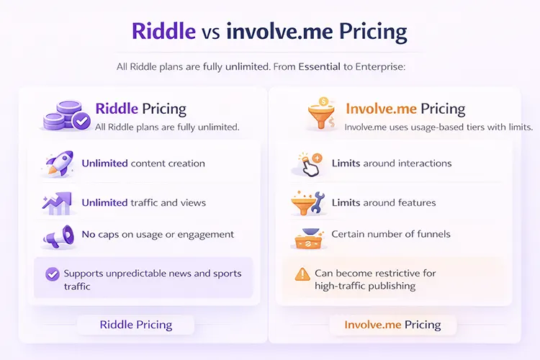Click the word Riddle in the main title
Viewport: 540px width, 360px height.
[x=163, y=32]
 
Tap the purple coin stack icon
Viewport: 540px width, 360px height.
[x=66, y=114]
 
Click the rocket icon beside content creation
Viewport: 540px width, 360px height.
[x=59, y=163]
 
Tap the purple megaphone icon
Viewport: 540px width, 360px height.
[x=59, y=235]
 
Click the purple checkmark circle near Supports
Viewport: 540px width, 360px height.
[x=52, y=274]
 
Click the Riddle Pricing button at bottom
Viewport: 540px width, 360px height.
[x=135, y=325]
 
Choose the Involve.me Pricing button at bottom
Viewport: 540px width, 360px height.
[x=392, y=325]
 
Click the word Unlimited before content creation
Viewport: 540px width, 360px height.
[x=104, y=163]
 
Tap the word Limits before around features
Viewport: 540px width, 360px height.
[x=346, y=202]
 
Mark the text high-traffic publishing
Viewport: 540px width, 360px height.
[x=364, y=286]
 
